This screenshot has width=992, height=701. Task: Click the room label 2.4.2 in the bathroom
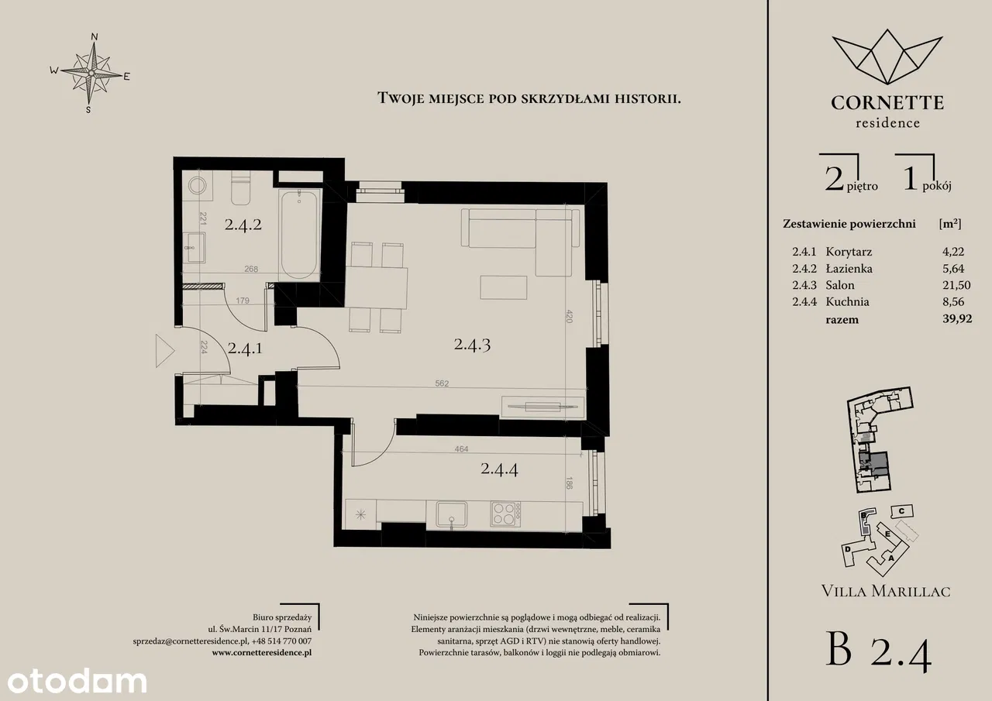[243, 225]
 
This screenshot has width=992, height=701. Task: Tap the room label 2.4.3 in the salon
[472, 345]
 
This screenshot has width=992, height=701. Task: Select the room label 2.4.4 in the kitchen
[499, 469]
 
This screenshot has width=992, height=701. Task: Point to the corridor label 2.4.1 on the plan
[245, 349]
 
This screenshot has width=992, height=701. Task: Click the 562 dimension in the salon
[442, 383]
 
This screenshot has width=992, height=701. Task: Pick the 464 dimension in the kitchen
[461, 448]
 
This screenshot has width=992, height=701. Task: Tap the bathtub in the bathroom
[299, 235]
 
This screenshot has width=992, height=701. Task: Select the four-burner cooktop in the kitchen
[505, 514]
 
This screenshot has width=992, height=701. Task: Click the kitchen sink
[451, 514]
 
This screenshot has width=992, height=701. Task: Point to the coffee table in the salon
[504, 288]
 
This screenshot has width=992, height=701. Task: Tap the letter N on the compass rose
[94, 36]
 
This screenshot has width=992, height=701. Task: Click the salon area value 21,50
[956, 285]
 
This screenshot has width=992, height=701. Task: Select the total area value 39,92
[957, 318]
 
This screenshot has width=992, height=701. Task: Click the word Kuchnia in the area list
[847, 302]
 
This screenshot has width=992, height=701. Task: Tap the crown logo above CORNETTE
[887, 57]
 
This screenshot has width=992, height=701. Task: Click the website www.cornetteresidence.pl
[262, 652]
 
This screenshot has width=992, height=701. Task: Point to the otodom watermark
[77, 682]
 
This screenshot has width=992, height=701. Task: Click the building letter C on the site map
[901, 511]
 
